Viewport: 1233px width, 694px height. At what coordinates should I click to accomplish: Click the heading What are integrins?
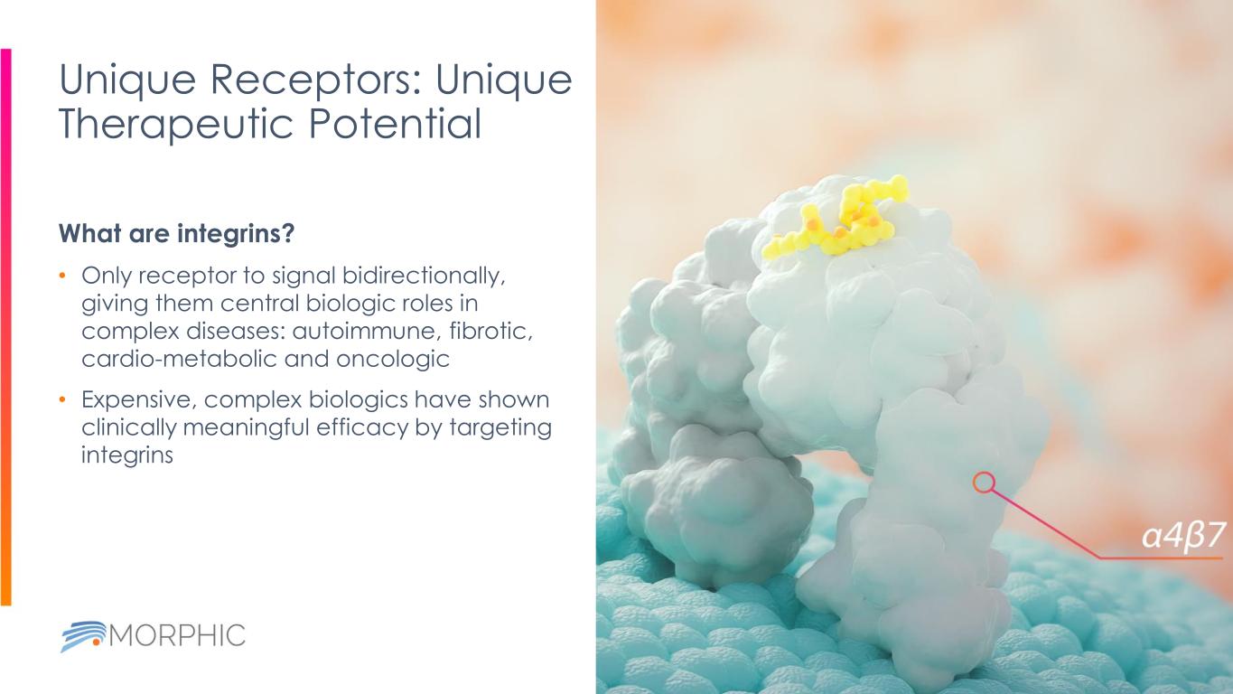coord(176,234)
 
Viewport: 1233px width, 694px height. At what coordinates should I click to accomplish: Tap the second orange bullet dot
coord(62,399)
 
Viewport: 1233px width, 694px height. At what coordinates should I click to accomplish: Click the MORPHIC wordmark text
coord(177,634)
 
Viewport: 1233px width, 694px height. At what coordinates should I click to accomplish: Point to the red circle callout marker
coord(984,483)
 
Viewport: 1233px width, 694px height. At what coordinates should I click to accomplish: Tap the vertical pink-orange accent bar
coord(5,325)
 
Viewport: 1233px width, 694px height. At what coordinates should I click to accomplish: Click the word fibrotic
coord(490,331)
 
